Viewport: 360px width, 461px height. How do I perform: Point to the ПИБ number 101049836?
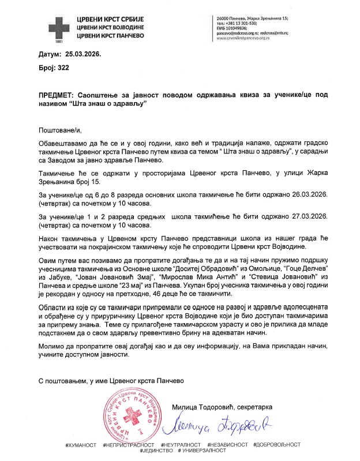point(235,28)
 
